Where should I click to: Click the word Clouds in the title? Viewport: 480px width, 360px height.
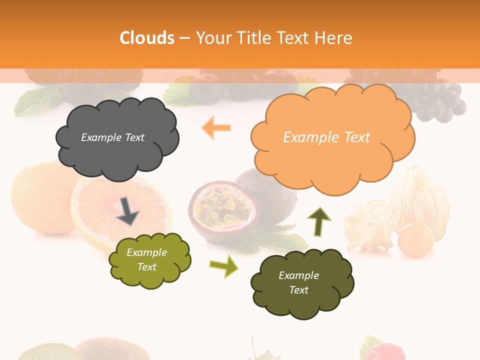point(146,38)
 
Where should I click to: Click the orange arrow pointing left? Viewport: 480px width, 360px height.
point(216,127)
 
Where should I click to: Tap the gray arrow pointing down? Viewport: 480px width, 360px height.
point(127,210)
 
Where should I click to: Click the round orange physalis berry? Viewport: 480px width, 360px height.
point(415,240)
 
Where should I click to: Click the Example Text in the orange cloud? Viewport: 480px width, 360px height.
point(326,137)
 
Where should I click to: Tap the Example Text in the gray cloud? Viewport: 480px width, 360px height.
point(112,137)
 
